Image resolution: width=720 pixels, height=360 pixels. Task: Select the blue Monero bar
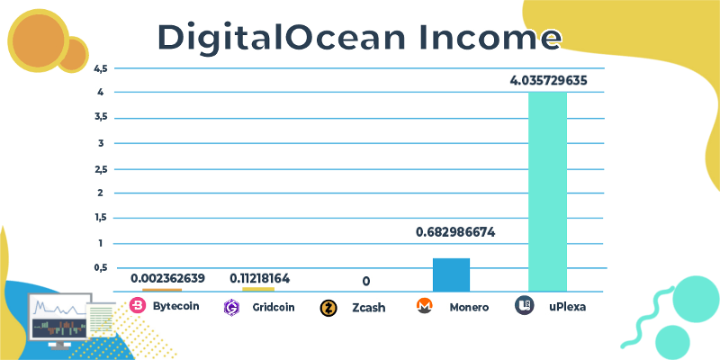[451, 274]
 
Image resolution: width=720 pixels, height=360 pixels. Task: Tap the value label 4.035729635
[548, 80]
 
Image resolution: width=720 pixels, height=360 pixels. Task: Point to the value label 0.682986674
[455, 232]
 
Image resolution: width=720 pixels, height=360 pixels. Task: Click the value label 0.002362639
[168, 278]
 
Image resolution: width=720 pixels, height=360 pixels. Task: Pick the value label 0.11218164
[259, 278]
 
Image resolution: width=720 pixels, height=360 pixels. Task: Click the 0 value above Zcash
[366, 282]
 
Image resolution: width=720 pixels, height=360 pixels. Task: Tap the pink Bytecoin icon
[138, 306]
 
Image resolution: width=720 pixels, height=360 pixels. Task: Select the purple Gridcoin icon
[231, 307]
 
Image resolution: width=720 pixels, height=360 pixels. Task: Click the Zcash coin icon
[329, 308]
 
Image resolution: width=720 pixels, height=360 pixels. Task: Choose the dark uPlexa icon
[523, 306]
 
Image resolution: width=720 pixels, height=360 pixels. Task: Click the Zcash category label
[368, 308]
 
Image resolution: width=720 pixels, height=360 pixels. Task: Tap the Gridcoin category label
[271, 307]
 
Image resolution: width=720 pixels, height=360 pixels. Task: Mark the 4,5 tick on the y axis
[100, 68]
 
